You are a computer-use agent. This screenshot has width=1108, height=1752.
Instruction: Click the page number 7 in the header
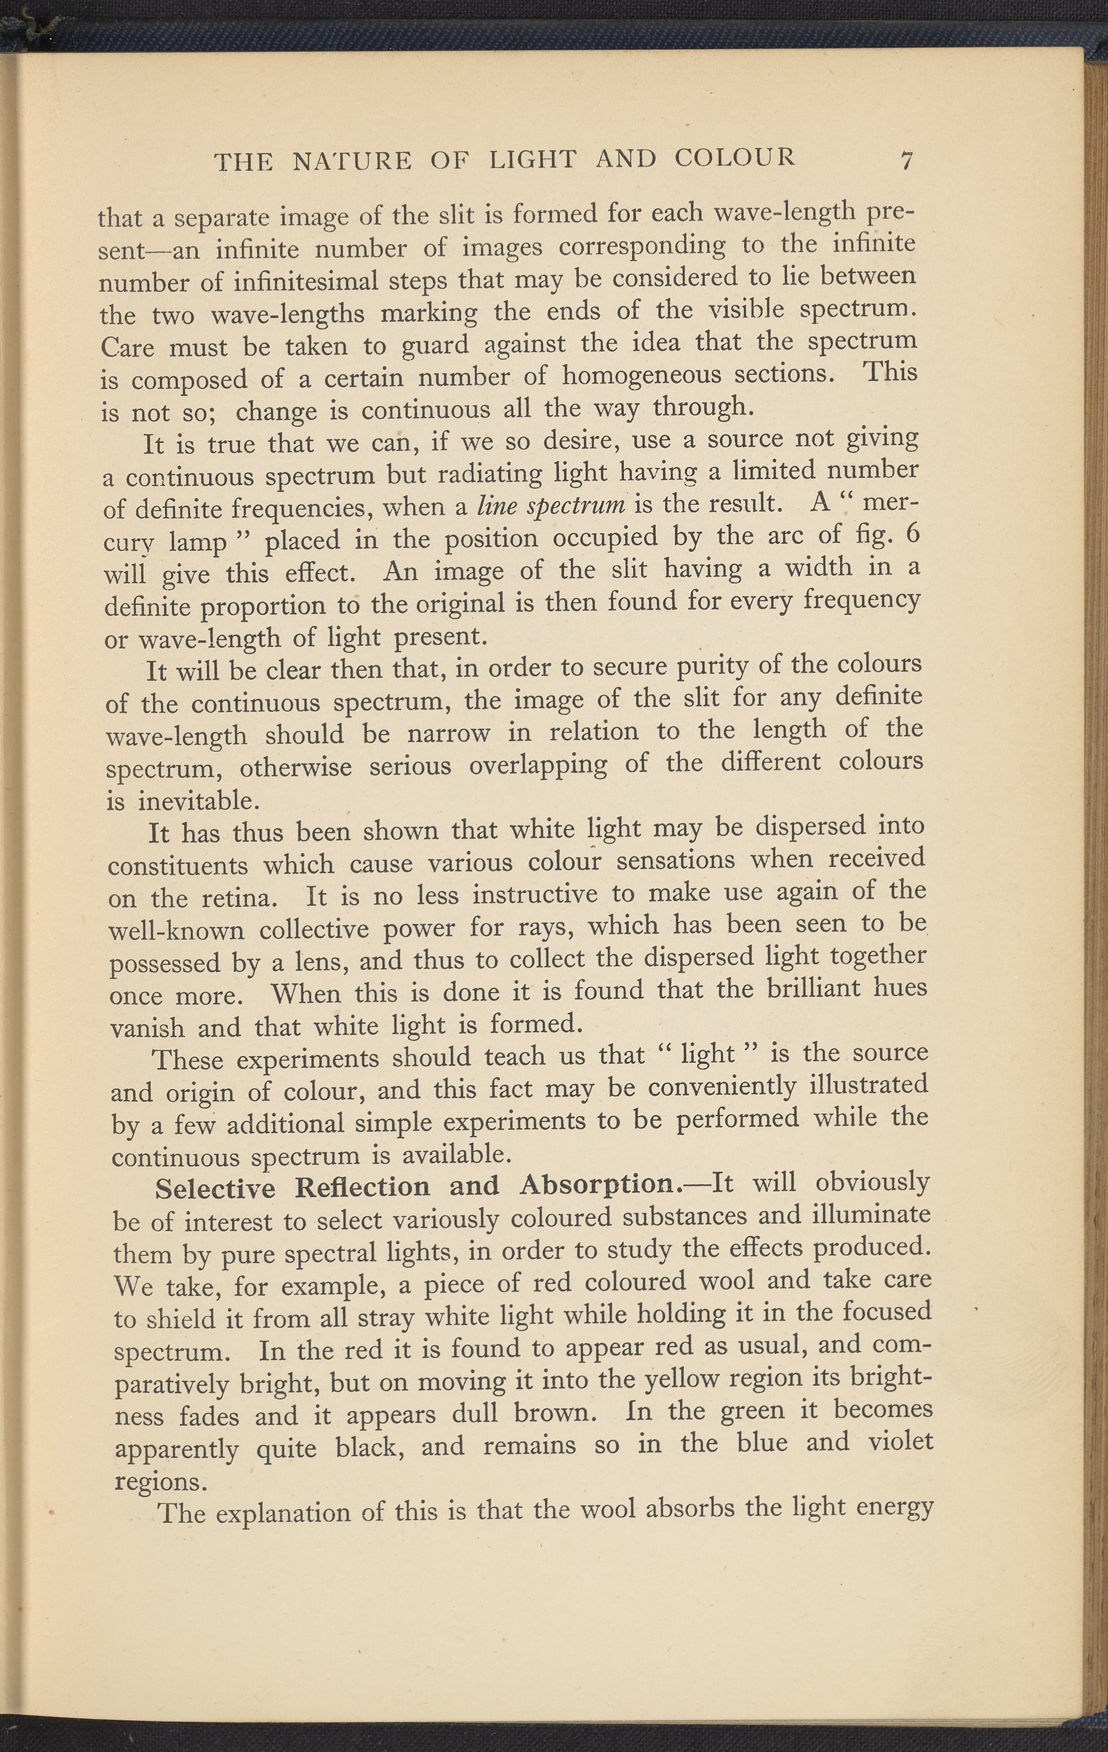tap(907, 159)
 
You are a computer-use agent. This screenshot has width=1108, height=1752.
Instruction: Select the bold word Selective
tap(216, 1188)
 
